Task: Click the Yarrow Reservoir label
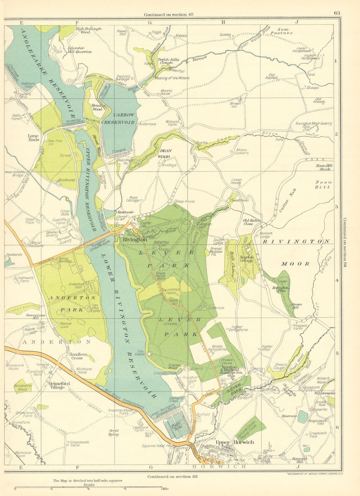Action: point(119,119)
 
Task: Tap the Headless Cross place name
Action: point(79,356)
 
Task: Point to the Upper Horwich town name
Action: point(234,442)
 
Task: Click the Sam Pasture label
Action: point(285,31)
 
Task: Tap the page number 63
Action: point(337,13)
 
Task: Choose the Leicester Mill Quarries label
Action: point(80,50)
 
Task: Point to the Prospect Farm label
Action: point(300,327)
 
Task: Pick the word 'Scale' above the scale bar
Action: point(89,484)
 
